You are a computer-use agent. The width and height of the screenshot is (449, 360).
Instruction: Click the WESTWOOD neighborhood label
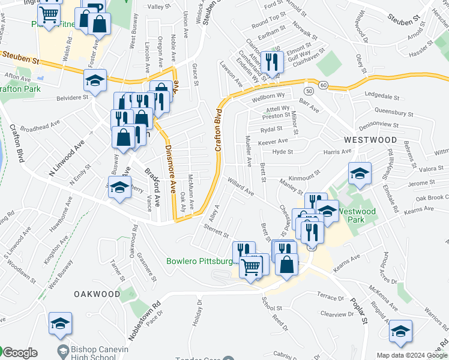(370, 139)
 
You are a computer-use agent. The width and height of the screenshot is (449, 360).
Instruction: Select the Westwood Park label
(357, 215)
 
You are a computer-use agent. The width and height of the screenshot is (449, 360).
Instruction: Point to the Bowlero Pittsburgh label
(199, 262)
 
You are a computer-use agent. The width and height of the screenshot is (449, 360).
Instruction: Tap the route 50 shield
(309, 90)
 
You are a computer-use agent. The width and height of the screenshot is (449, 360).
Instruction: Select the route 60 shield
(323, 85)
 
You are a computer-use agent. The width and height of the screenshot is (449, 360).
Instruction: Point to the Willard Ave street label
(240, 187)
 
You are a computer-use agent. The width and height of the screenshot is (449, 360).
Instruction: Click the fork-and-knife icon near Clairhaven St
(272, 62)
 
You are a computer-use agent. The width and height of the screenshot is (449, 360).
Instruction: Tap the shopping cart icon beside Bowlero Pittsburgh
(251, 266)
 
